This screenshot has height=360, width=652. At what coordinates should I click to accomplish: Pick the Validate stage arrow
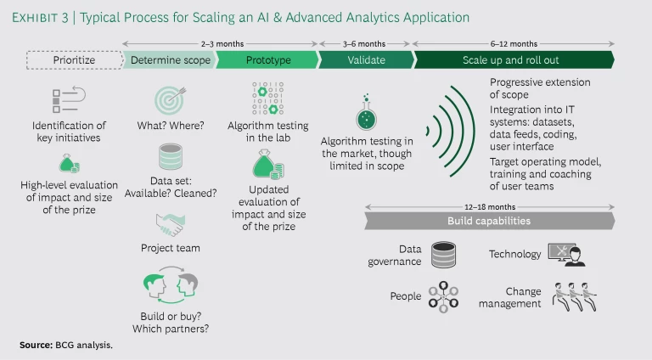[x=365, y=60]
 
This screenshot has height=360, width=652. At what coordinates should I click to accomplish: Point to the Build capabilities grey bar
[x=500, y=221]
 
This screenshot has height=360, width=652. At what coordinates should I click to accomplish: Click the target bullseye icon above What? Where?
[x=171, y=100]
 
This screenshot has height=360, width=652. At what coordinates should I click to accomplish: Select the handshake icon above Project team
[x=171, y=224]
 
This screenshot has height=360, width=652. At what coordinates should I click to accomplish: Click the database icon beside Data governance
[x=443, y=255]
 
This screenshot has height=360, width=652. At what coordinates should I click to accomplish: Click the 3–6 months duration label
[x=364, y=43]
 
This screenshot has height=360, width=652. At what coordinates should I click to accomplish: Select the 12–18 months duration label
[x=501, y=206]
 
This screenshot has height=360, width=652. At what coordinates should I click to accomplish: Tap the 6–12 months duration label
[x=513, y=43]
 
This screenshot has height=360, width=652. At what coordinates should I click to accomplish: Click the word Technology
[x=514, y=254]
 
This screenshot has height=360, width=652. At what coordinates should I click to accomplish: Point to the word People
[x=405, y=297]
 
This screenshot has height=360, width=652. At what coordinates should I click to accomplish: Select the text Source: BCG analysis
[x=66, y=346]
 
